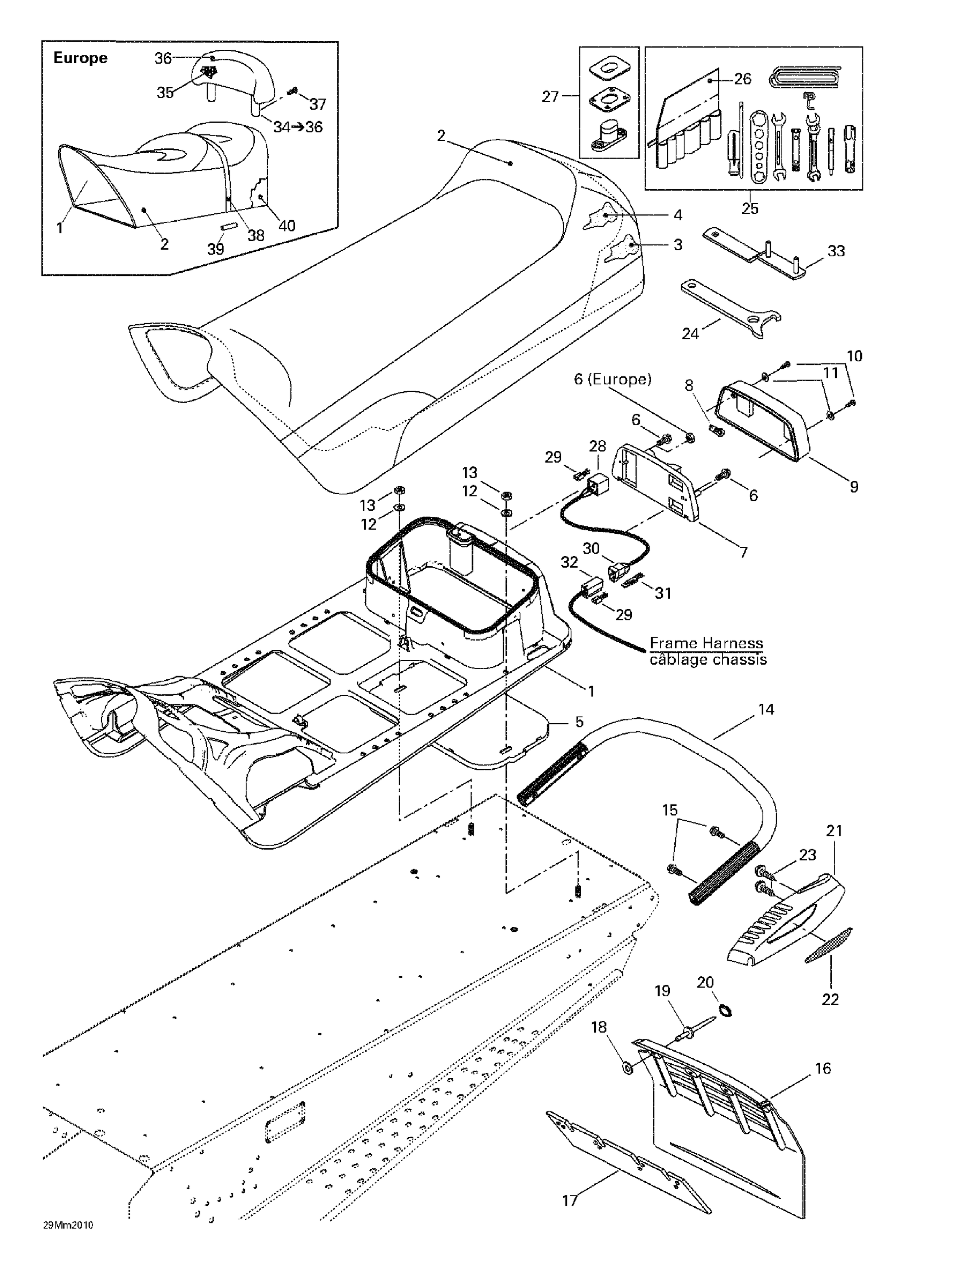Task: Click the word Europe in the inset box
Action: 80,58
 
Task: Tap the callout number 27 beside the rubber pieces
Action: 550,97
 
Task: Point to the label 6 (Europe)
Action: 612,379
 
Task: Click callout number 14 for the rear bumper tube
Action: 766,709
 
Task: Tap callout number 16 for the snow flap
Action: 823,1068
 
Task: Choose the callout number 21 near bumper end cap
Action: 834,831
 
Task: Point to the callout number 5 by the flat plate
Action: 579,722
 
